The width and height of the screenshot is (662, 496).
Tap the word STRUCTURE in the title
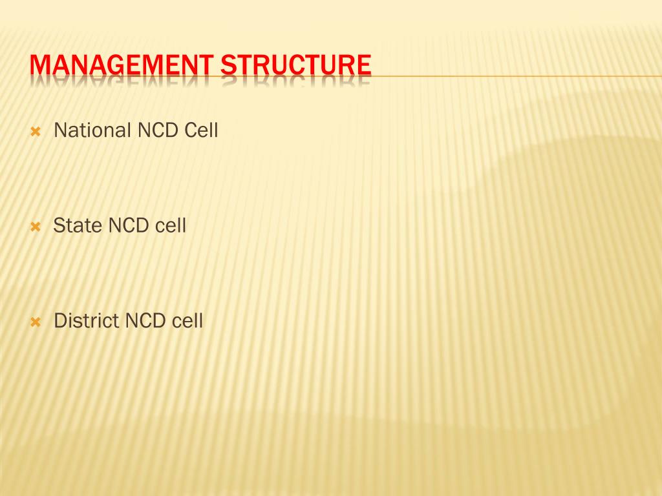(296, 65)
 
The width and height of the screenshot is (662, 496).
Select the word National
(92, 130)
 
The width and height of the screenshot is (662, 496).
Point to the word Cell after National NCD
(201, 130)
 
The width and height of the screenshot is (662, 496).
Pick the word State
(78, 225)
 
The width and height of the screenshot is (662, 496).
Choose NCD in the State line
(129, 225)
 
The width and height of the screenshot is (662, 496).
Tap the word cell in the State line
(171, 225)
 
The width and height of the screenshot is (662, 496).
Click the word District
(87, 320)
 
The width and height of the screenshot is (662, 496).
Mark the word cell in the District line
(187, 320)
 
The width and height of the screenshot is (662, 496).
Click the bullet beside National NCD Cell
(36, 132)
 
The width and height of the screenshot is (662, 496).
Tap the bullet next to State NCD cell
(36, 227)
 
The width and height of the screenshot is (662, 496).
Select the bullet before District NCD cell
(36, 322)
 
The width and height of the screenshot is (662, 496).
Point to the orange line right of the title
(517, 76)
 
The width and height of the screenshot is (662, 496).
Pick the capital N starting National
(60, 130)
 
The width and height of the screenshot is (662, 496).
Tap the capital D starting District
(60, 320)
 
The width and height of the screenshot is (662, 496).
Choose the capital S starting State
(59, 225)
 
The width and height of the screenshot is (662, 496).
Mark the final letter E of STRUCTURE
(364, 65)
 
